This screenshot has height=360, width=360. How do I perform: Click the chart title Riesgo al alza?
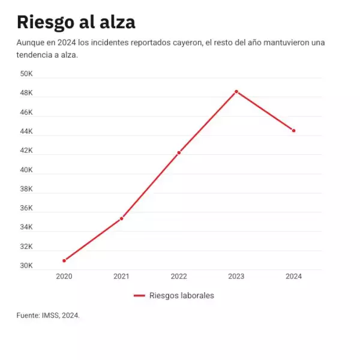tap(76, 22)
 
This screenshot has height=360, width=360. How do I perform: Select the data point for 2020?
tap(64, 260)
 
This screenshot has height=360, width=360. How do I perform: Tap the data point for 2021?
tap(121, 218)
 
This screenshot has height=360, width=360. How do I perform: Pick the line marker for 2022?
tap(179, 152)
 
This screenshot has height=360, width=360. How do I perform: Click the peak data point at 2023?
tap(236, 91)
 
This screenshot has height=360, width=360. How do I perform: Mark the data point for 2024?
tap(293, 130)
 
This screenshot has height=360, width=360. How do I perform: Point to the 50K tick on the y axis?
tap(26, 74)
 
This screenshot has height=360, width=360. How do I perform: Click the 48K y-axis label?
tap(26, 93)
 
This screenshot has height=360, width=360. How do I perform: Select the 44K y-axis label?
tap(26, 131)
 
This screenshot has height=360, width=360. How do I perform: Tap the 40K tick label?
tap(26, 170)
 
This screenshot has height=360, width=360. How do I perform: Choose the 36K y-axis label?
tap(26, 208)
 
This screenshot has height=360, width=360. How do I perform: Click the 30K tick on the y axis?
tap(26, 266)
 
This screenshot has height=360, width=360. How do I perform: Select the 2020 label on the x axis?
tap(64, 277)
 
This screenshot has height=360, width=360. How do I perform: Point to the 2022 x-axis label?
tap(179, 277)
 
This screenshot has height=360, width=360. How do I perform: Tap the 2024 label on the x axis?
tap(293, 277)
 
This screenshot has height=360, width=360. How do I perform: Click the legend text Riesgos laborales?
tap(181, 295)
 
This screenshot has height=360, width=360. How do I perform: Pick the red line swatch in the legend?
tap(139, 295)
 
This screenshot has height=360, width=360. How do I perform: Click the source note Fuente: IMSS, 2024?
tap(48, 315)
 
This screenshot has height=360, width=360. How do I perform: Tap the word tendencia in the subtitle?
tap(35, 55)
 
